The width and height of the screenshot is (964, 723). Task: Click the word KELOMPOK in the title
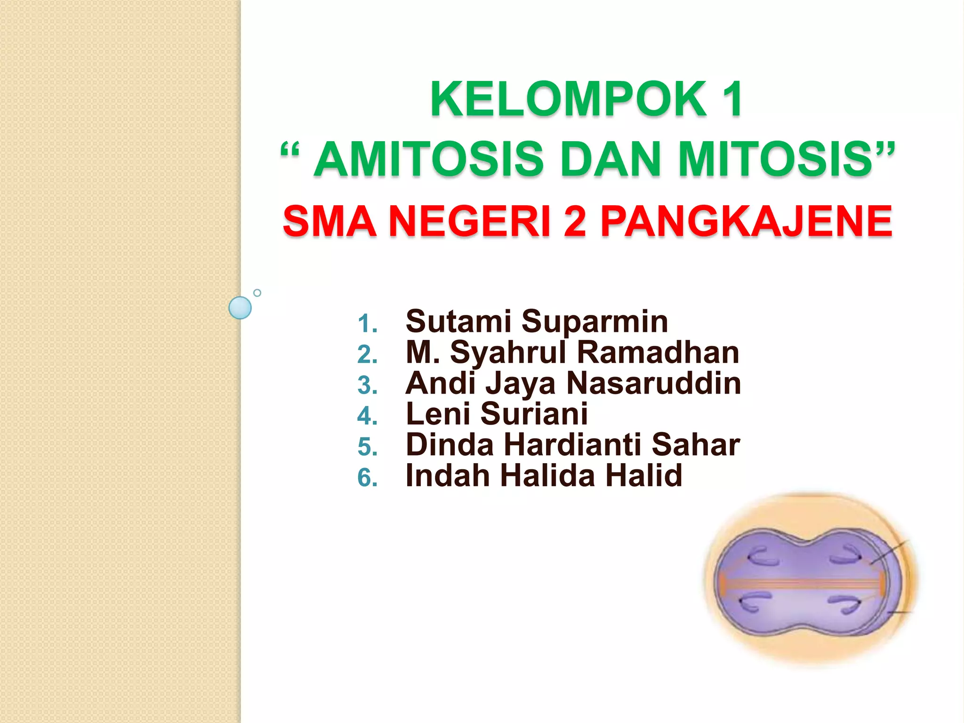[568, 99]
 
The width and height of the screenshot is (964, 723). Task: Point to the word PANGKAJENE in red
[746, 221]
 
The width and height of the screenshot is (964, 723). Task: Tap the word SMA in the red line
[329, 221]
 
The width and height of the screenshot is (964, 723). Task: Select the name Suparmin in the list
[594, 322]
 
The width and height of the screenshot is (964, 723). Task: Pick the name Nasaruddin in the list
[654, 383]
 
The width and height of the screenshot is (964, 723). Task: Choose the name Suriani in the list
[534, 414]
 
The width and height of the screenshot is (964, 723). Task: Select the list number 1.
[367, 324]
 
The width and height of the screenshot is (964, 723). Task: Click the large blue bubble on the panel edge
[240, 308]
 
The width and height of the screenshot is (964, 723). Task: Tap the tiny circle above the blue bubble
[257, 293]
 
